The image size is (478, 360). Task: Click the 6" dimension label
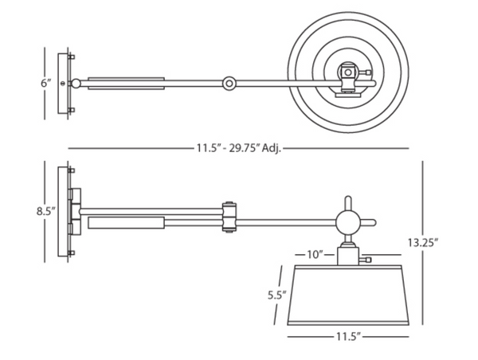[x=46, y=83]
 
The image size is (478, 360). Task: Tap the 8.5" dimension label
[x=46, y=211]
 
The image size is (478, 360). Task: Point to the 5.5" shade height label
[x=277, y=295]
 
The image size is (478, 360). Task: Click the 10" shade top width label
[x=315, y=254]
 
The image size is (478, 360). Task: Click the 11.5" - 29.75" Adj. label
[x=238, y=148]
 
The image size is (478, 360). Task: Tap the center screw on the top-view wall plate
[x=64, y=83]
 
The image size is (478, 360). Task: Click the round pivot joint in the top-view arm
[x=229, y=83]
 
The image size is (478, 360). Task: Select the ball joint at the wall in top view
[x=76, y=83]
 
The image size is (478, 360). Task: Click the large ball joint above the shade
[x=348, y=222]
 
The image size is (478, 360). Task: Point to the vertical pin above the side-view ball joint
[x=348, y=203]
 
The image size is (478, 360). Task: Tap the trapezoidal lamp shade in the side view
[x=348, y=295]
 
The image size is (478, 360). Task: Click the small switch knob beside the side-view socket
[x=365, y=260]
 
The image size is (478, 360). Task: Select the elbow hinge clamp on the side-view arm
[x=229, y=217]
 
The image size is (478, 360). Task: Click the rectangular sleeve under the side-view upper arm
[x=126, y=222]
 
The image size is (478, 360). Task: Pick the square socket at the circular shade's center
[x=348, y=72]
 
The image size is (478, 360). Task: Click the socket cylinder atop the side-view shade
[x=348, y=256]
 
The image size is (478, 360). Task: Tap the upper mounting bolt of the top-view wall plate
[x=72, y=57]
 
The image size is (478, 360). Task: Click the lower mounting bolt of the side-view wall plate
[x=72, y=252]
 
